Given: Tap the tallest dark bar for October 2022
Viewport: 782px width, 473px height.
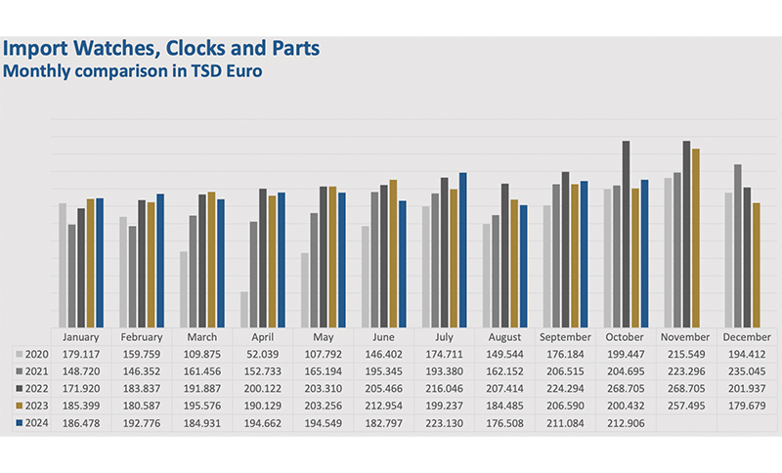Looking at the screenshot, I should (x=626, y=234).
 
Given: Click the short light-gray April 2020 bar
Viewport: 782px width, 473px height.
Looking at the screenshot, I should (x=243, y=309).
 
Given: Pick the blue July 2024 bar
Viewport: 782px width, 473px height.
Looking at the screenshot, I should (x=463, y=249).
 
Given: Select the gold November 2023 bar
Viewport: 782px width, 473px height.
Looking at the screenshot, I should (x=696, y=237).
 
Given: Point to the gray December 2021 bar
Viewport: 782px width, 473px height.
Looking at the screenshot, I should (x=737, y=245).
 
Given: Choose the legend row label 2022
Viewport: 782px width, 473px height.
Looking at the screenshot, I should (x=37, y=389).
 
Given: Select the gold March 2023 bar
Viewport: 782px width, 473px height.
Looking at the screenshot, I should (x=212, y=259).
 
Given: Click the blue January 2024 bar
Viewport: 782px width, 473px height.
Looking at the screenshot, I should (x=100, y=262).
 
